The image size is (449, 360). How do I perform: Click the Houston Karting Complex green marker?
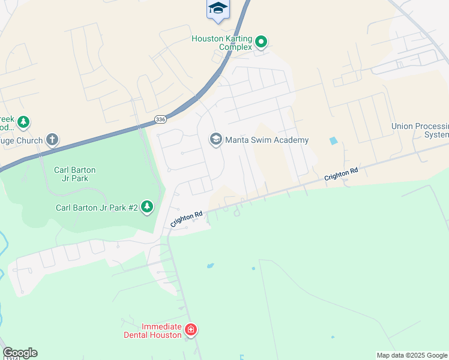coord(261,42)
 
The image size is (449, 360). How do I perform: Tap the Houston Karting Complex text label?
coord(221,43)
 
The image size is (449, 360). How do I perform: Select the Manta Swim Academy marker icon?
coord(215,140)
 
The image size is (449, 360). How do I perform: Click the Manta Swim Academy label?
coord(267,140)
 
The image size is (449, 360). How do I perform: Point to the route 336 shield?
coord(160,119)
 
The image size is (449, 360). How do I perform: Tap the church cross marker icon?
coord(52,140)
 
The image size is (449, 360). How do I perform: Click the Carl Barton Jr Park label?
coord(75,174)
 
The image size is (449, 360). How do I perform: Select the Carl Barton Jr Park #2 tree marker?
coord(147,208)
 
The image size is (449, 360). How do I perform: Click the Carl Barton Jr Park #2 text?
coord(97,208)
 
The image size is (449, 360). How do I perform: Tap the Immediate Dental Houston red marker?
coord(191,329)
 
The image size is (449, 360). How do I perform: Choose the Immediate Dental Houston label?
coord(153,331)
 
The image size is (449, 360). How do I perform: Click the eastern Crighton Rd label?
coord(341,175)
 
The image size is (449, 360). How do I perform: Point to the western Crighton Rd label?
coord(187,218)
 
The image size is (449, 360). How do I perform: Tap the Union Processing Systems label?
coord(420,130)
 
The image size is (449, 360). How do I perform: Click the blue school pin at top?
coord(218,8)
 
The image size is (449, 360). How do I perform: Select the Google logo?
coord(20,353)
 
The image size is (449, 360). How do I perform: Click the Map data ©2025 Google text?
coord(412,355)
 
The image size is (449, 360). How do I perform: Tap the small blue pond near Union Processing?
coord(333,141)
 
